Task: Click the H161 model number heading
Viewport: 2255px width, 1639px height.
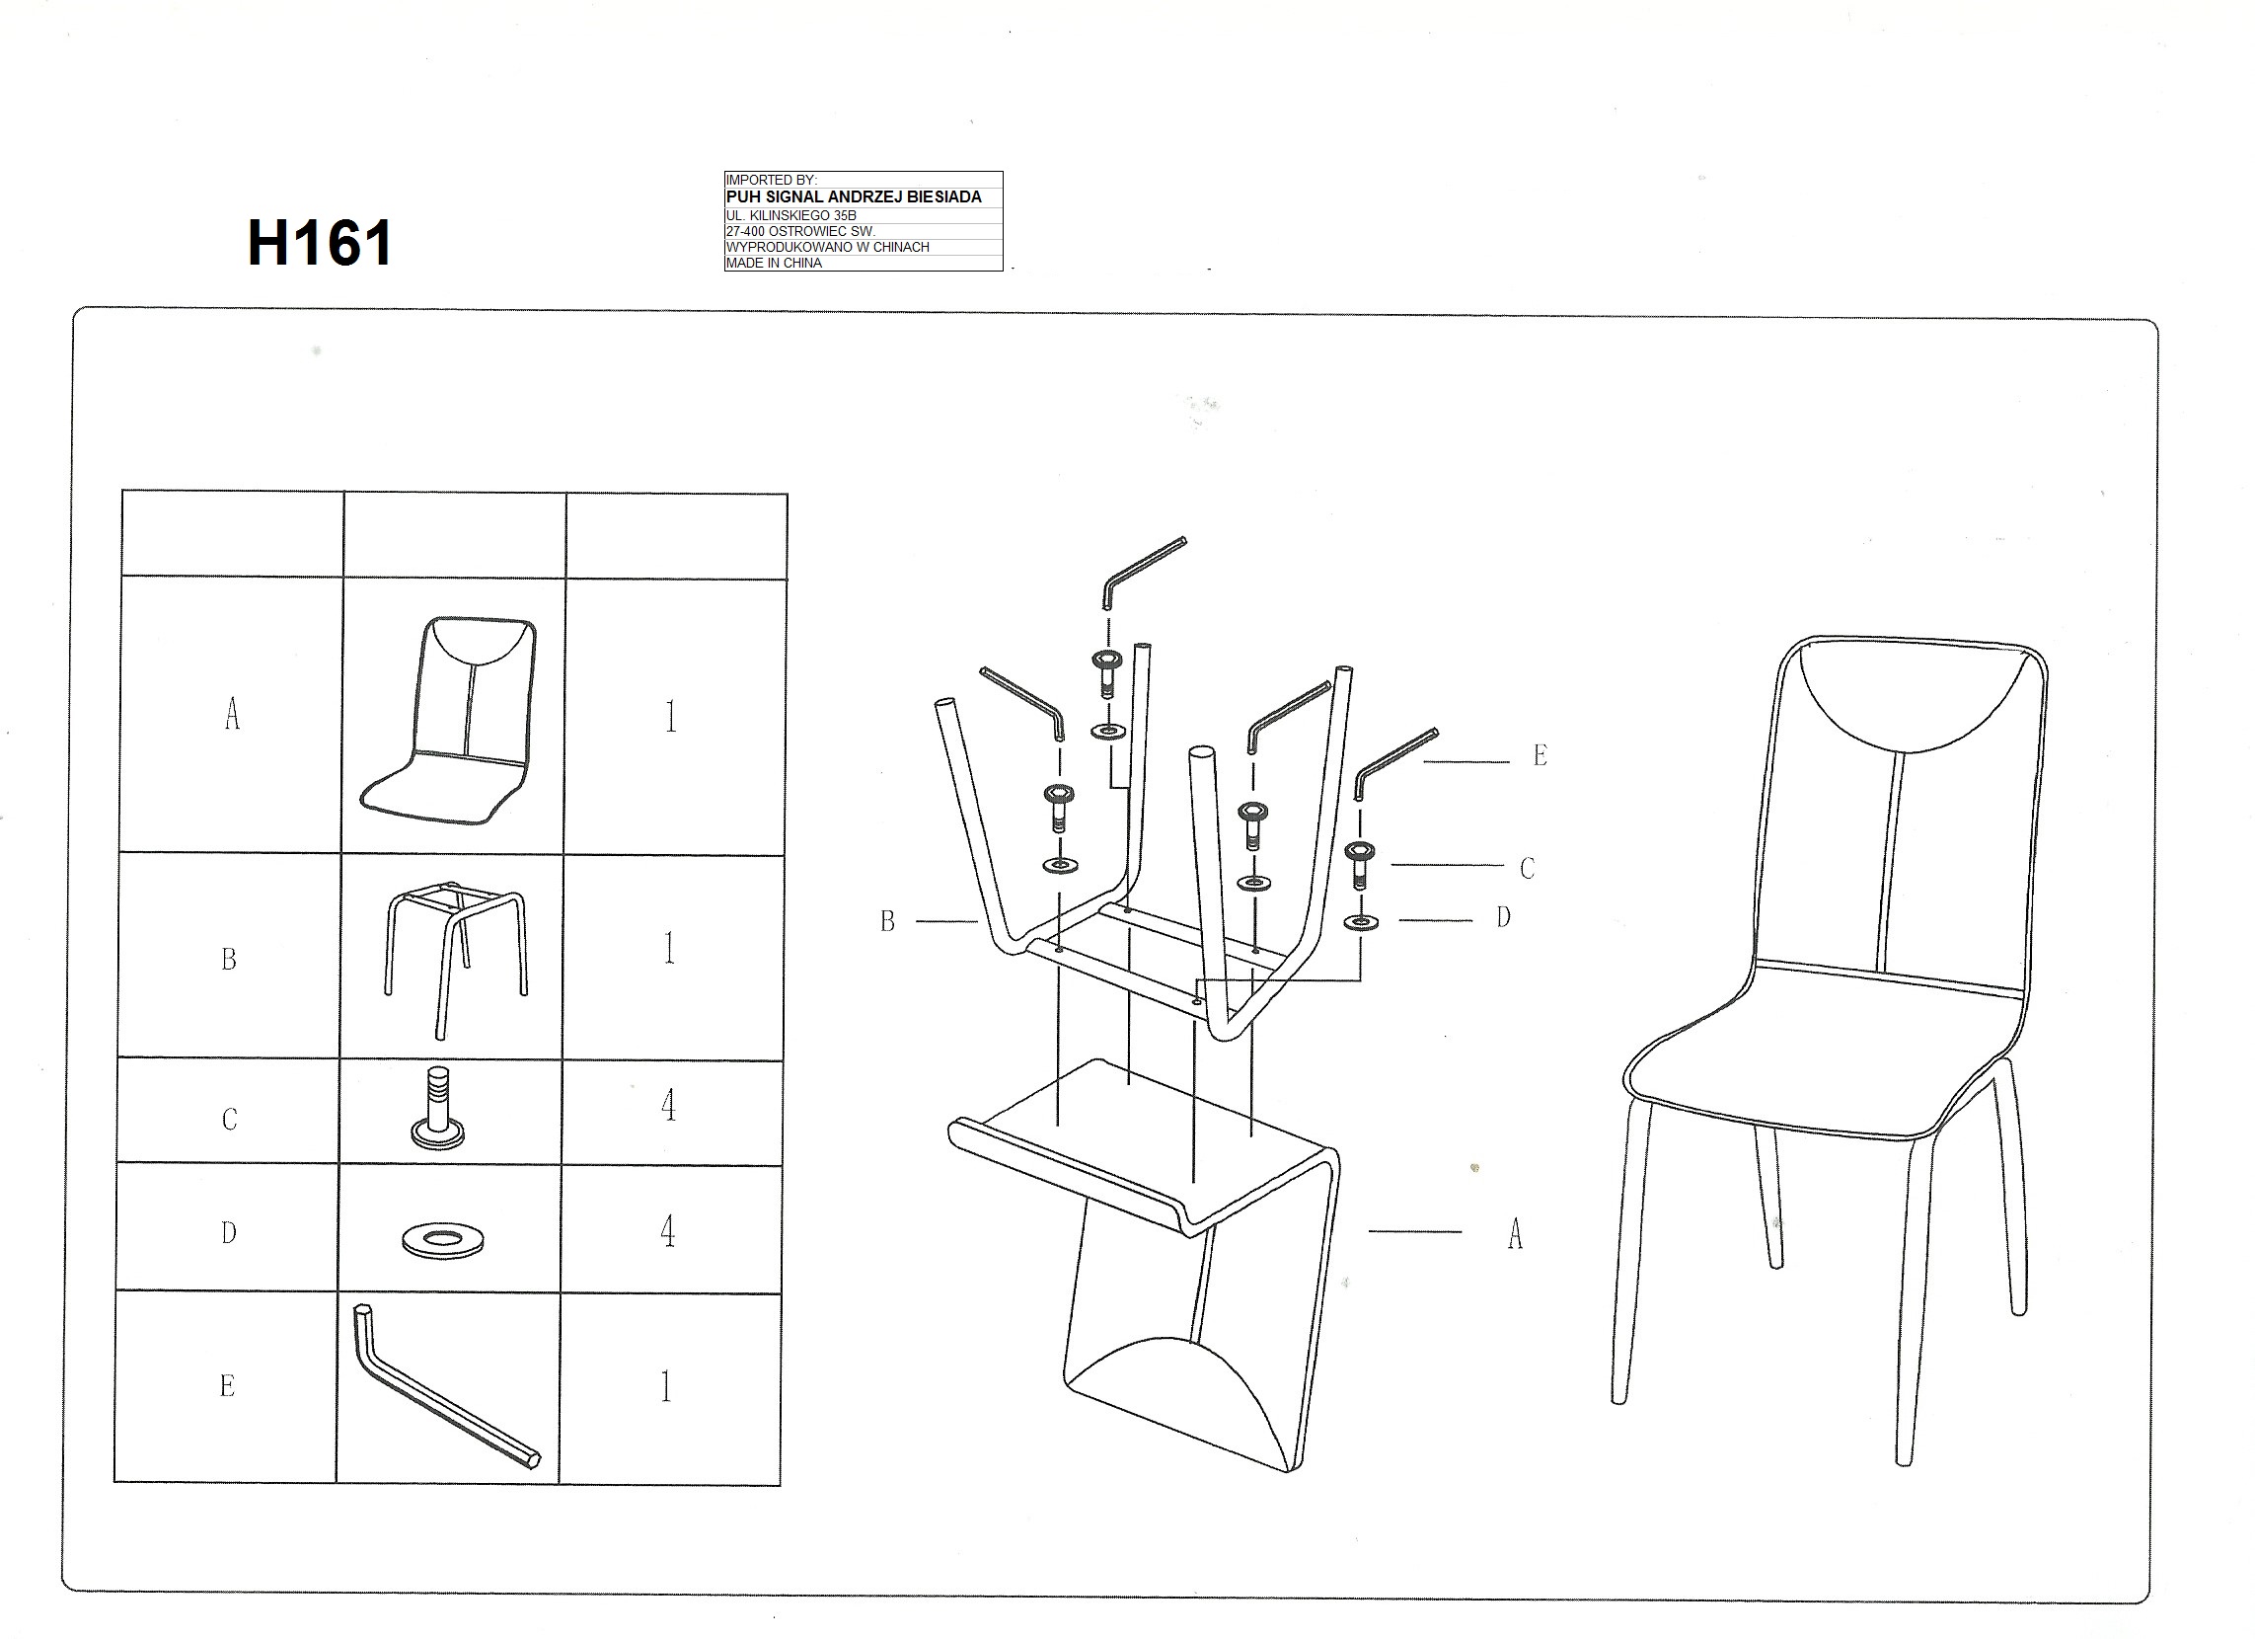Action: (x=320, y=243)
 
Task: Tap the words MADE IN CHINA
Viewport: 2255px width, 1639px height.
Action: (x=774, y=264)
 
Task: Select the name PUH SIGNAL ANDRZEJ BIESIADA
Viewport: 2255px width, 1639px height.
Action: (x=853, y=196)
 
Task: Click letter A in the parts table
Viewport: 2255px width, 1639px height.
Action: (x=232, y=713)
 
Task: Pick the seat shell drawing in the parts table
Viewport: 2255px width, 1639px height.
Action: (x=449, y=720)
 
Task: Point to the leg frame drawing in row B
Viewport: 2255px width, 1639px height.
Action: (x=456, y=959)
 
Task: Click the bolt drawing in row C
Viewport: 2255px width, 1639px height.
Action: (x=438, y=1108)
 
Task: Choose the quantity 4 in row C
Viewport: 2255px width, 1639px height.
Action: (x=669, y=1105)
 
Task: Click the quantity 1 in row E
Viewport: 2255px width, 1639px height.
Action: (x=666, y=1386)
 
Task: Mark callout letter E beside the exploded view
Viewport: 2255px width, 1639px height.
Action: (x=1541, y=756)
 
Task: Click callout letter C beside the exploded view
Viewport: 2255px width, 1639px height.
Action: (x=1528, y=868)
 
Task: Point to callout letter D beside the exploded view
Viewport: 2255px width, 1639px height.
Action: (x=1503, y=917)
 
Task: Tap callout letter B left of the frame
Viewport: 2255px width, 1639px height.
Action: (x=888, y=922)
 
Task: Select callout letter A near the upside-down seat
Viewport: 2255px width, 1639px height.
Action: (x=1515, y=1234)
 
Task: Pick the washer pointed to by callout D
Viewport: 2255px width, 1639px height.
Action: (x=1360, y=923)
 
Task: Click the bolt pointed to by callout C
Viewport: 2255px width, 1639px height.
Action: (x=1359, y=864)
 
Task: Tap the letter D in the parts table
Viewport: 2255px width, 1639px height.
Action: (x=229, y=1233)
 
